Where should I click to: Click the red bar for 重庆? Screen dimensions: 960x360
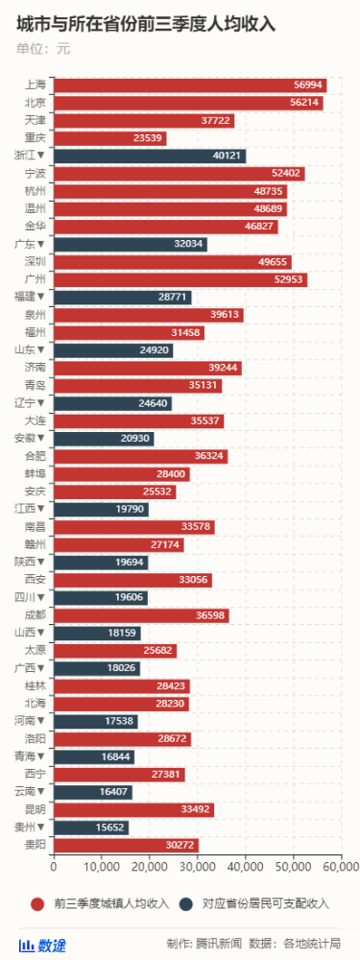tap(109, 138)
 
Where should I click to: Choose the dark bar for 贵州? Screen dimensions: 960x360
tap(90, 828)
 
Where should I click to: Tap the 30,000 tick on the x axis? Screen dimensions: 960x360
tap(197, 867)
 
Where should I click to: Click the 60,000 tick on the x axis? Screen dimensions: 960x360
tap(340, 867)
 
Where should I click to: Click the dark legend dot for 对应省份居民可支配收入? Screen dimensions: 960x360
tap(185, 903)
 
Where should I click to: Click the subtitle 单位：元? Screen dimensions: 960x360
tap(44, 47)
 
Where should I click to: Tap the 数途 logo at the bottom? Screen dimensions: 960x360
tap(43, 945)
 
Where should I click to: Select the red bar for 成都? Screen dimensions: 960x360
tap(140, 615)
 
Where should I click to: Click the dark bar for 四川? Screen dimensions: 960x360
tap(100, 597)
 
